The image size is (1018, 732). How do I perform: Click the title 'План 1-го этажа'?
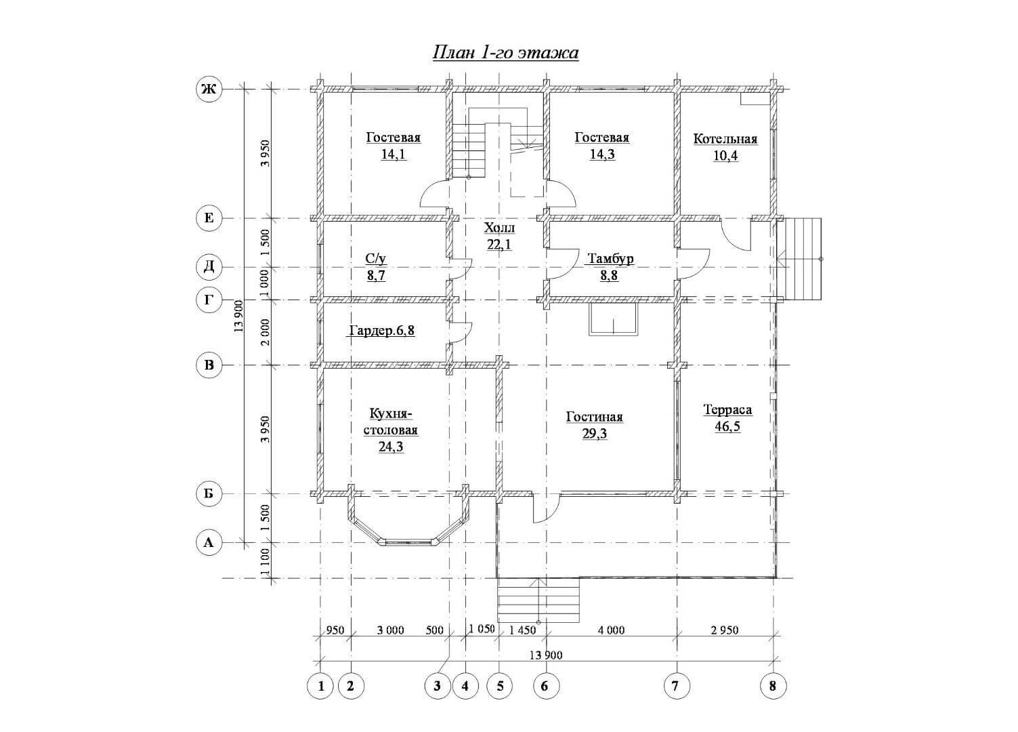tap(505, 53)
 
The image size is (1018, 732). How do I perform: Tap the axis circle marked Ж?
tap(209, 89)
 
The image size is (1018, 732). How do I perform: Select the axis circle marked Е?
tap(209, 218)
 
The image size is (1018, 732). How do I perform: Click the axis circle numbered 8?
tap(773, 686)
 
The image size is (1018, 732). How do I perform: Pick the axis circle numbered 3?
tap(437, 686)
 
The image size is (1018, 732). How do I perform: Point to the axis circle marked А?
tap(209, 542)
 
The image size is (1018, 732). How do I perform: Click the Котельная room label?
tap(725, 139)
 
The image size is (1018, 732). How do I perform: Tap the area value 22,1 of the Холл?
tap(499, 245)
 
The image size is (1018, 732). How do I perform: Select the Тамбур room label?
tap(611, 259)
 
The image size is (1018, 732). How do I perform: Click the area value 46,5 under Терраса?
tap(727, 426)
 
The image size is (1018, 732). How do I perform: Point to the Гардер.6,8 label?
tap(381, 331)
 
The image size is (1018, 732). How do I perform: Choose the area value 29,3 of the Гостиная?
tap(595, 434)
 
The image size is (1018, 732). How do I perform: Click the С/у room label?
tap(376, 259)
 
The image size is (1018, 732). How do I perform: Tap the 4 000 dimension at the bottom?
tap(611, 630)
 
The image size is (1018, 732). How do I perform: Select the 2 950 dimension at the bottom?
tap(725, 630)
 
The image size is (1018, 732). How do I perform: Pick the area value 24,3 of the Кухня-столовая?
tap(391, 447)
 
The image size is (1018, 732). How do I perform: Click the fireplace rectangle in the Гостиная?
tap(614, 319)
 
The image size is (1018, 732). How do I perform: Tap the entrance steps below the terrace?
tap(538, 600)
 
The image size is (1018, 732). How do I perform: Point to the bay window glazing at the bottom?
tap(408, 542)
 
